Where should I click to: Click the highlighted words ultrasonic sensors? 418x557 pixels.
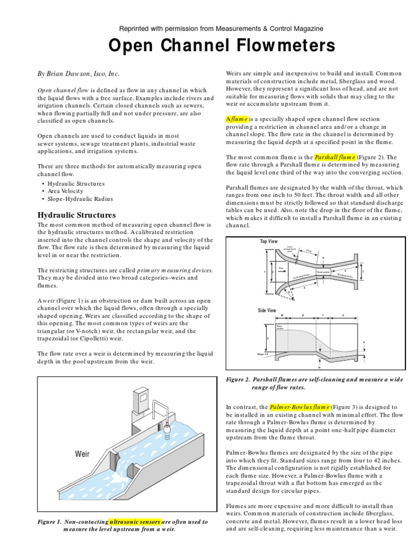click(x=134, y=522)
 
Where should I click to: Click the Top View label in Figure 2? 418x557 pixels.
click(x=268, y=241)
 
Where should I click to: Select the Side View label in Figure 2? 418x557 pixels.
click(x=268, y=311)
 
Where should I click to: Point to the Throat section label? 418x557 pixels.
click(x=325, y=272)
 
